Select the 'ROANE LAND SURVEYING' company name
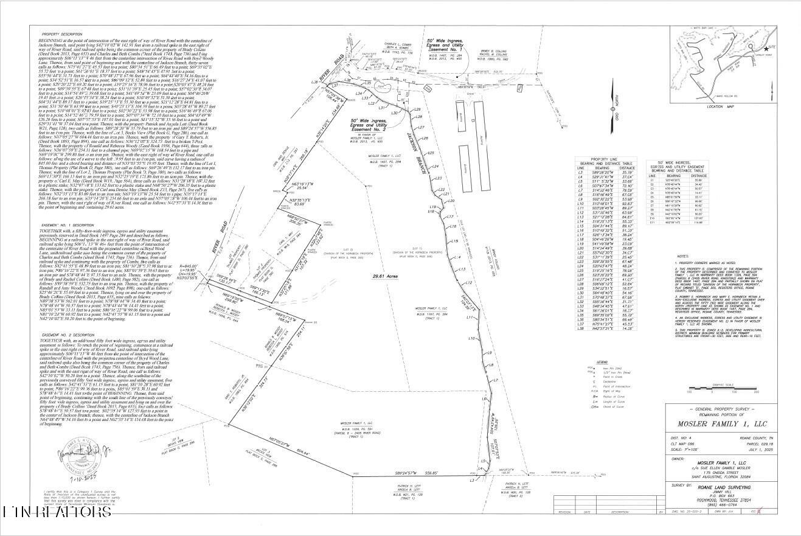(x=724, y=487)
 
